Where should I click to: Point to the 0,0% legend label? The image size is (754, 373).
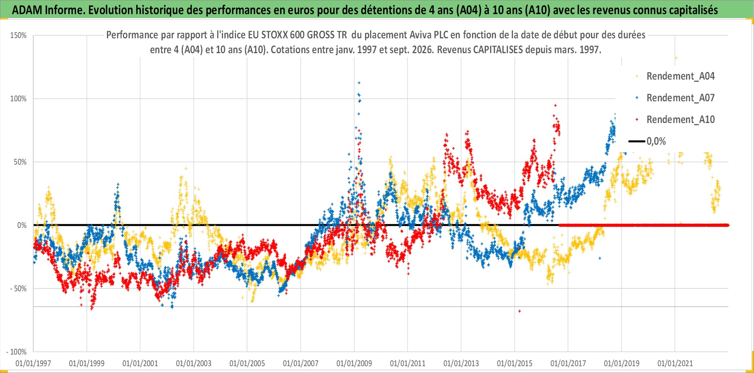click(656, 141)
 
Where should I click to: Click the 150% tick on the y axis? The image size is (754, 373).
click(18, 35)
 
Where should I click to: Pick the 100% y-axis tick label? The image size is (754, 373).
click(18, 99)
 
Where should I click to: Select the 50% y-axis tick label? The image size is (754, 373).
click(20, 162)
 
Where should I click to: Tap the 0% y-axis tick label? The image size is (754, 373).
click(22, 225)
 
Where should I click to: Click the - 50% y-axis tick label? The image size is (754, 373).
click(18, 289)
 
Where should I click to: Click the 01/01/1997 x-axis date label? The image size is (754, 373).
click(33, 363)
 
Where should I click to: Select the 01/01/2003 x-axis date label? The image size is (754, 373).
click(194, 363)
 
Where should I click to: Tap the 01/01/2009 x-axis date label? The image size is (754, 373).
click(354, 363)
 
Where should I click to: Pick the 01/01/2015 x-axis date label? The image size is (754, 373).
click(515, 363)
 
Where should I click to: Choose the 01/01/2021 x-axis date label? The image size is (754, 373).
click(675, 363)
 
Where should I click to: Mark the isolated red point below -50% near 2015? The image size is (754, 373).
click(519, 311)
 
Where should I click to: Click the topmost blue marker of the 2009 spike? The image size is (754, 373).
click(359, 83)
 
